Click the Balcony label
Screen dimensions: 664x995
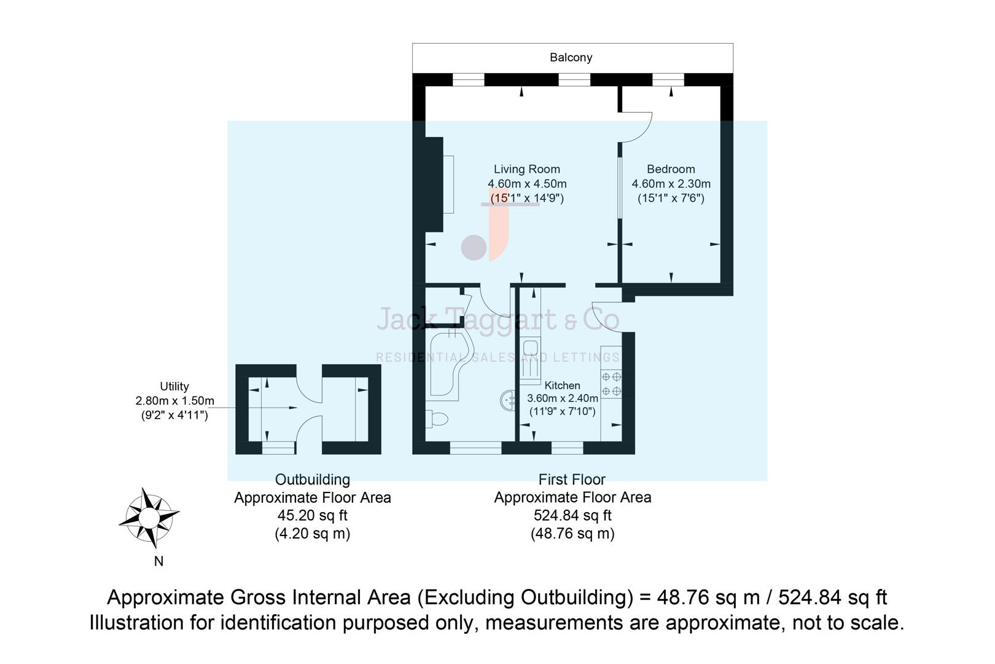click(x=571, y=58)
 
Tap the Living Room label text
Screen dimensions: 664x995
click(x=526, y=169)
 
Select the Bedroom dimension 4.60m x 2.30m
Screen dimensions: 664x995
click(x=671, y=184)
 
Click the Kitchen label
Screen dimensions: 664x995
click(x=562, y=385)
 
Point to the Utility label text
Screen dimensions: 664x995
click(x=174, y=387)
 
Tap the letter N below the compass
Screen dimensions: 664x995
click(x=158, y=561)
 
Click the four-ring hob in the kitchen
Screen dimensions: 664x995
click(x=611, y=384)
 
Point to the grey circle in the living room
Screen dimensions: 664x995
click(x=474, y=247)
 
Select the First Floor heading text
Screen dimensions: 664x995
click(x=572, y=480)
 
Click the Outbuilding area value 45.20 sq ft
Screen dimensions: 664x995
click(x=312, y=516)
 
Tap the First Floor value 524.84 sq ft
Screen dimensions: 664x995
click(x=572, y=516)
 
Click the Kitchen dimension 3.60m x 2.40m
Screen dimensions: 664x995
click(x=562, y=398)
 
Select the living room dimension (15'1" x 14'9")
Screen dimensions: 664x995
click(x=526, y=198)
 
